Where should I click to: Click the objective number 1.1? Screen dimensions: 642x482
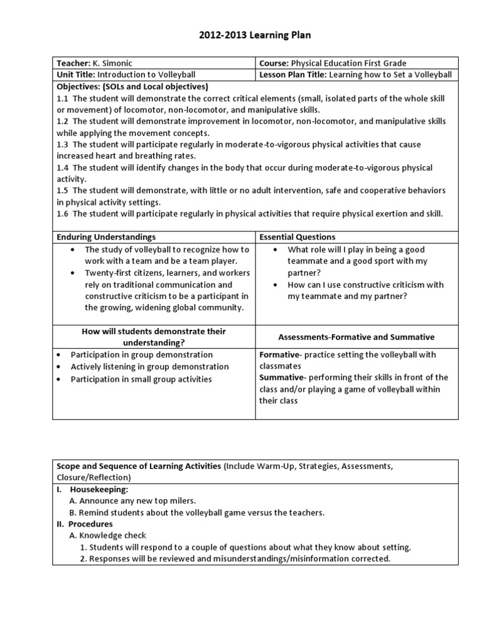(x=62, y=98)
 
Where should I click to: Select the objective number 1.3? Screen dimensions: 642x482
(x=62, y=144)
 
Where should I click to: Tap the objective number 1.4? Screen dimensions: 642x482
(x=62, y=167)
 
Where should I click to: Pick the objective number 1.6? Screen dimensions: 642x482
(x=62, y=214)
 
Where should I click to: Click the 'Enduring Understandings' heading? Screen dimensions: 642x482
(x=106, y=237)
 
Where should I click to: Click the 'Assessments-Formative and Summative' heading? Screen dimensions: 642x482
(x=356, y=337)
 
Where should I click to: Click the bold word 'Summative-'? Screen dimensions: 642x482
(x=282, y=377)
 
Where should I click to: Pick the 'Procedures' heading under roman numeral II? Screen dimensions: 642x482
(x=90, y=524)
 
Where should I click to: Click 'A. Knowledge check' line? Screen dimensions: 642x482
(x=107, y=535)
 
